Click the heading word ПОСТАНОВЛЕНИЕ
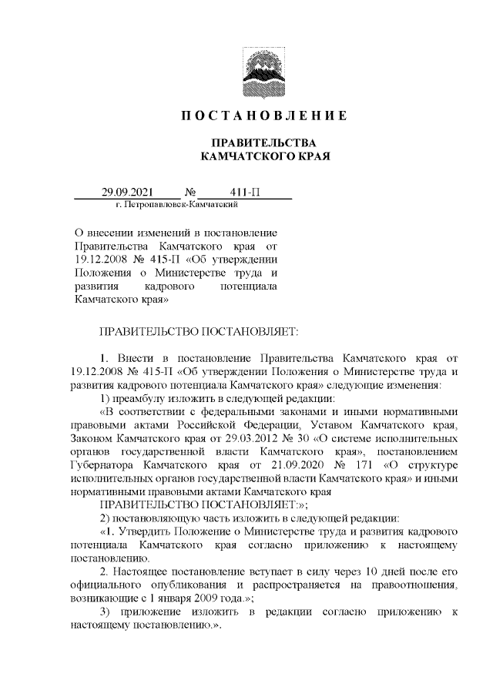(264, 116)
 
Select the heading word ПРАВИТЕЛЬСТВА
(264, 143)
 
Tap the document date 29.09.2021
(129, 191)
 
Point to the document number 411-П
(244, 191)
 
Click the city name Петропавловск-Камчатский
(181, 205)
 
